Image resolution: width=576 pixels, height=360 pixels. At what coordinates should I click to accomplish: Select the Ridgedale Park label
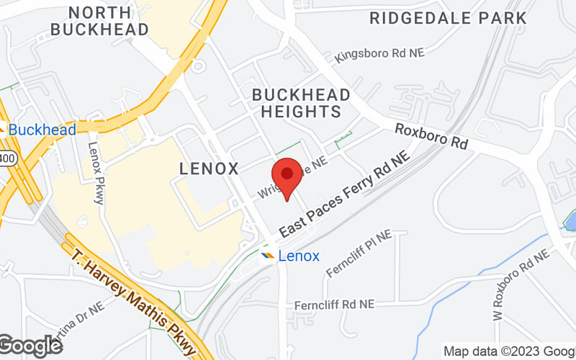coord(448,18)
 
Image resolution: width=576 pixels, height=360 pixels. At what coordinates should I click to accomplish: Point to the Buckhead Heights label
coord(301,103)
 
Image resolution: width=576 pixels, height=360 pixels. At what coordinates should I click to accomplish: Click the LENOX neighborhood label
coord(208,169)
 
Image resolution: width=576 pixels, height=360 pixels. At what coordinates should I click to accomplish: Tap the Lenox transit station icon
coord(267,256)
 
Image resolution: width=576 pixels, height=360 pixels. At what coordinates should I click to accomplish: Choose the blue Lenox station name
coord(299,256)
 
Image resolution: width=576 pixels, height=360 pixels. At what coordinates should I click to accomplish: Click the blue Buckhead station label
coord(42,130)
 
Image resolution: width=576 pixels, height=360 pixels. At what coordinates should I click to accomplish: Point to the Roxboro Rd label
coord(431,135)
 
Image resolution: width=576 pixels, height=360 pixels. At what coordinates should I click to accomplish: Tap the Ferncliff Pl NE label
coord(359,253)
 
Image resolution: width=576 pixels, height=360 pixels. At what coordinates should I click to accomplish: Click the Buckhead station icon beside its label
coord(2,130)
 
